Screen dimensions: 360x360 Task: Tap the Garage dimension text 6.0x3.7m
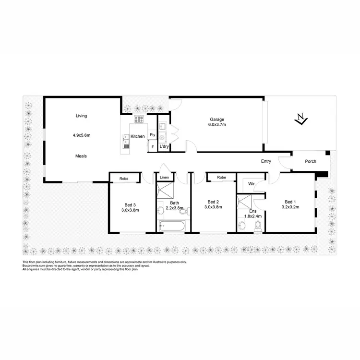(x=217, y=125)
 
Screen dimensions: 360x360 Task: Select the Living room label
(x=81, y=116)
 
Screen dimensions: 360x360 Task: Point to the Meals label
(x=81, y=156)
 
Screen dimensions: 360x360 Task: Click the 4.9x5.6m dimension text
(x=81, y=136)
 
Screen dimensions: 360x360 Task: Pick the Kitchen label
(x=138, y=137)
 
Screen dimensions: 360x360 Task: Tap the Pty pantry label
(x=152, y=135)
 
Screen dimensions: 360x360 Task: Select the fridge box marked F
(x=153, y=146)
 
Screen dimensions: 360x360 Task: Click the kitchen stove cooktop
(x=139, y=120)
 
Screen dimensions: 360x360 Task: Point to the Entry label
(x=266, y=161)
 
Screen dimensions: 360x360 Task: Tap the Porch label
(x=311, y=161)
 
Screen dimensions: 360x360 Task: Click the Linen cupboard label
(x=164, y=178)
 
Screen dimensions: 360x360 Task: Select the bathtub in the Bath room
(x=171, y=225)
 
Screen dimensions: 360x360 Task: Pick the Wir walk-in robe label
(x=251, y=183)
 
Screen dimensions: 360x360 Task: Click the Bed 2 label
(x=213, y=202)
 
